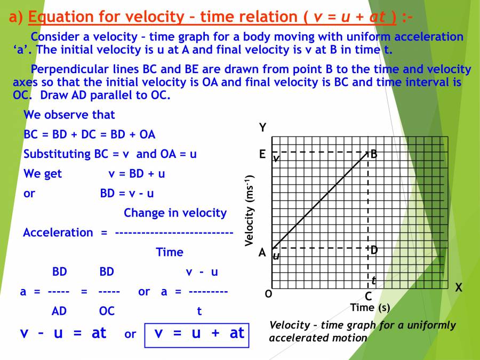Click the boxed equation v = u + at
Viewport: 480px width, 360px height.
click(x=199, y=333)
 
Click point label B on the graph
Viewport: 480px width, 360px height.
click(x=374, y=154)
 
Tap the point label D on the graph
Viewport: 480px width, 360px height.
click(x=374, y=250)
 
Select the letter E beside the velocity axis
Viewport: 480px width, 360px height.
click(x=262, y=155)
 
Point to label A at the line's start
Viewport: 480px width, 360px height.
click(x=262, y=253)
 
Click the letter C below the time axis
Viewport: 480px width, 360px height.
click(x=368, y=297)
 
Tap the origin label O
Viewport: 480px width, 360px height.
click(x=268, y=294)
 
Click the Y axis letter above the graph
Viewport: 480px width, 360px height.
click(x=262, y=128)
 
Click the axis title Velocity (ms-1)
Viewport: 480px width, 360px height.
click(x=249, y=211)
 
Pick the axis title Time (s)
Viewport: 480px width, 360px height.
click(x=370, y=308)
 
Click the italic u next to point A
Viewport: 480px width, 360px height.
click(x=276, y=256)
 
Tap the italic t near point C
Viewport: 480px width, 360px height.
click(x=374, y=280)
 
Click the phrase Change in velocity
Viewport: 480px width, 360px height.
click(x=175, y=213)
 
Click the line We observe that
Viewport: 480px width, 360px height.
click(x=69, y=115)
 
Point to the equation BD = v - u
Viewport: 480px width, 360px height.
click(x=127, y=193)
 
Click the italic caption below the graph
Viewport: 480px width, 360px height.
click(x=362, y=331)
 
